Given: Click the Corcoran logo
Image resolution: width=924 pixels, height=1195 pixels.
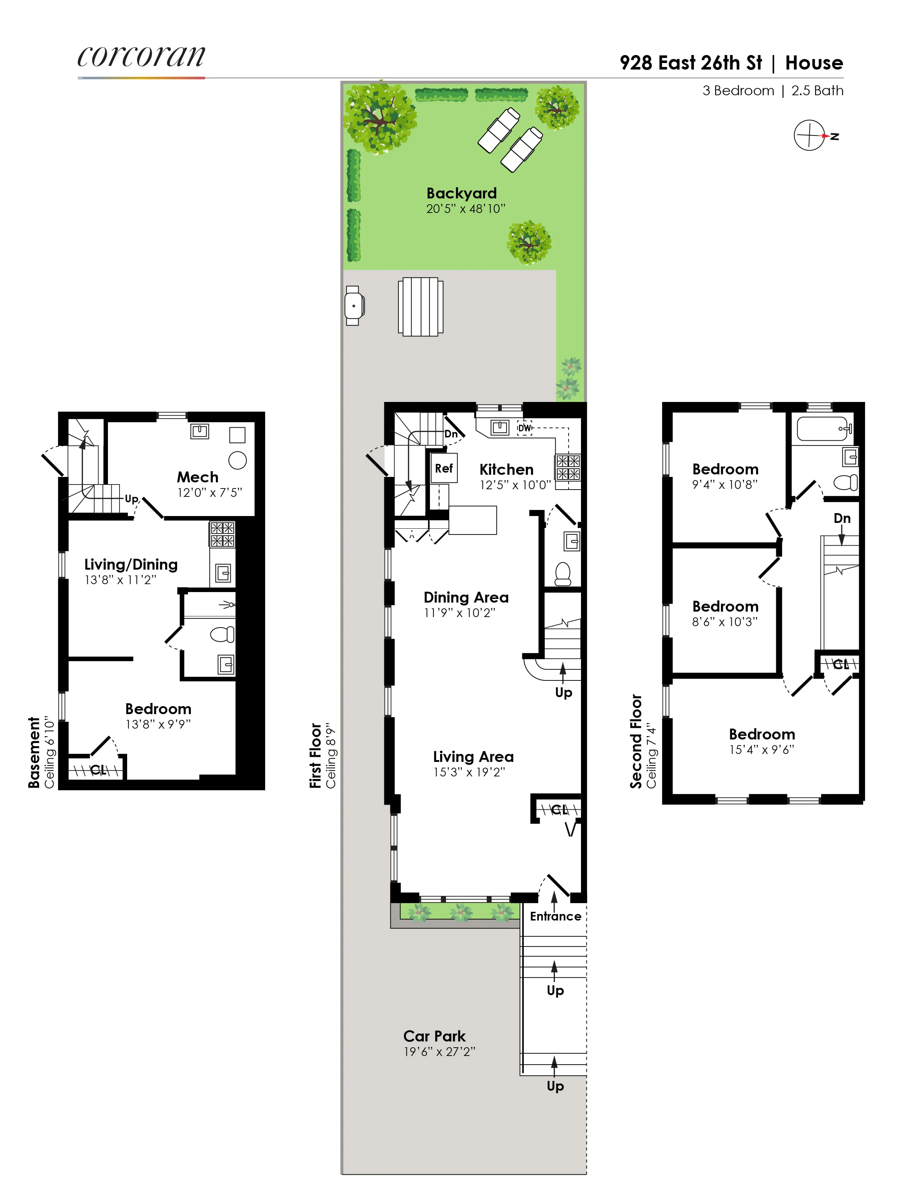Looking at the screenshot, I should (x=141, y=57).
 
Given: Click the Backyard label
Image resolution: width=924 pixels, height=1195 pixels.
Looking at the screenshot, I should (x=461, y=193).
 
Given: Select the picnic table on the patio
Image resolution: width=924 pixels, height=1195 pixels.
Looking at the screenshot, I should (x=421, y=306).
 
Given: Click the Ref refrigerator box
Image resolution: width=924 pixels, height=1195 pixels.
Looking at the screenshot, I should (x=444, y=468).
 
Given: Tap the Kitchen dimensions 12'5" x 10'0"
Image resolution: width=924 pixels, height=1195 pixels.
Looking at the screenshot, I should (x=515, y=485).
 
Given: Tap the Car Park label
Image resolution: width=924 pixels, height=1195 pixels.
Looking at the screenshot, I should (x=434, y=1036).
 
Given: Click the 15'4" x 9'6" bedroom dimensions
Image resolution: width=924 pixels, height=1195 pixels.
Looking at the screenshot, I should (x=761, y=750).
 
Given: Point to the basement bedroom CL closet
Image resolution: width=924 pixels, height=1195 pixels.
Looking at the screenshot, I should (x=97, y=770).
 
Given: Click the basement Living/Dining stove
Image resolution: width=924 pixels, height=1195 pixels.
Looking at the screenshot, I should (x=222, y=534).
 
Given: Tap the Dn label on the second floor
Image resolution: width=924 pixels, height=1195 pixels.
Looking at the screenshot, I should (x=842, y=518).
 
